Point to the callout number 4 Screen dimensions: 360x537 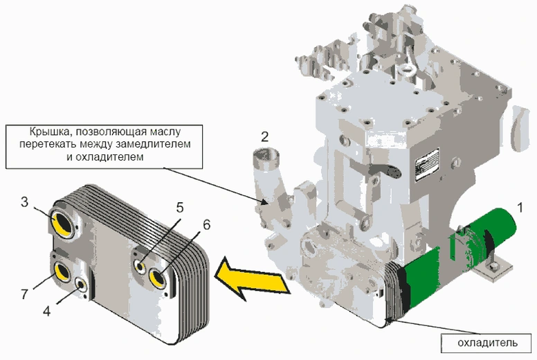point(47,311)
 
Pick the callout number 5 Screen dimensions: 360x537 point(179,207)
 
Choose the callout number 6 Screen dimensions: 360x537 point(206,224)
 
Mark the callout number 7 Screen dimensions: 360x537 point(24,294)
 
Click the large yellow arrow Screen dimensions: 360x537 point(250,276)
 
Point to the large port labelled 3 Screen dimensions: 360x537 point(62,223)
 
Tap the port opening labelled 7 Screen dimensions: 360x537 point(61,272)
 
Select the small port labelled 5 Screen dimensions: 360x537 point(140,266)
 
